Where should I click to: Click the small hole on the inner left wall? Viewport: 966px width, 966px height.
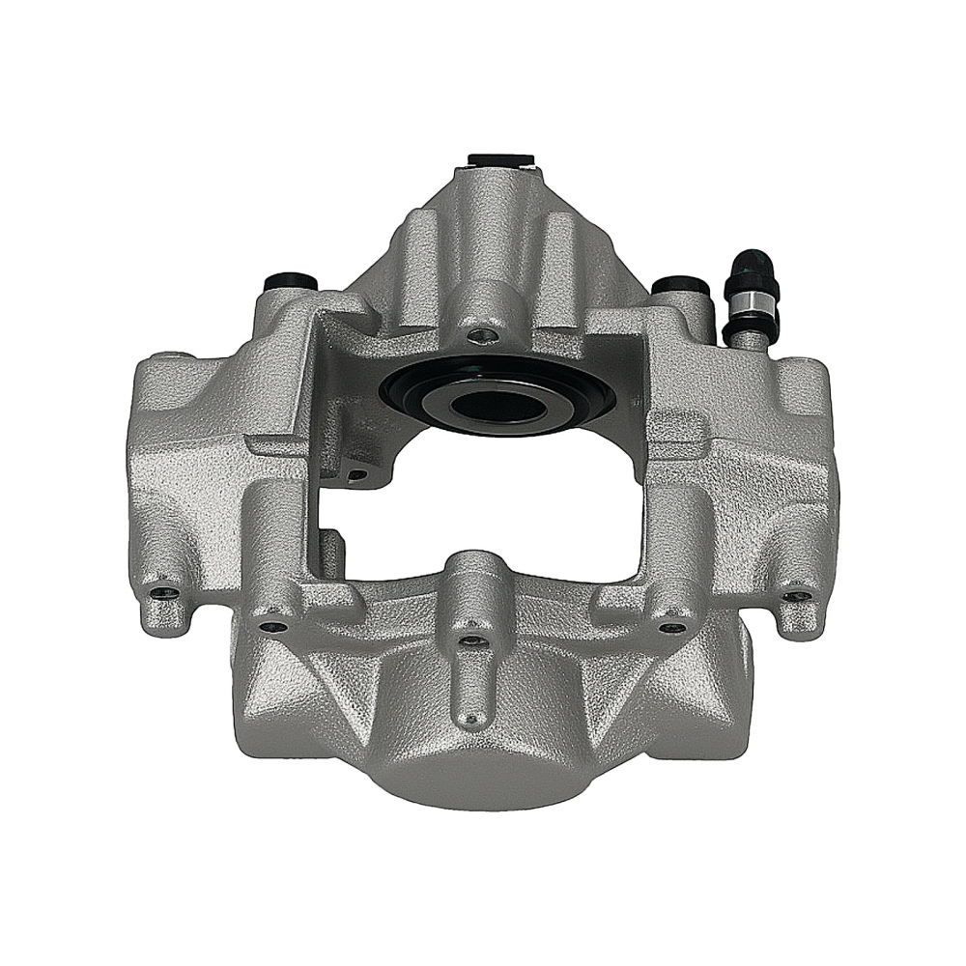[x=357, y=474]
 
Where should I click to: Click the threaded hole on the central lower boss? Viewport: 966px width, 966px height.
[x=469, y=639]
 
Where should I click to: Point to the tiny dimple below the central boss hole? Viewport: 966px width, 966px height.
[x=472, y=718]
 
